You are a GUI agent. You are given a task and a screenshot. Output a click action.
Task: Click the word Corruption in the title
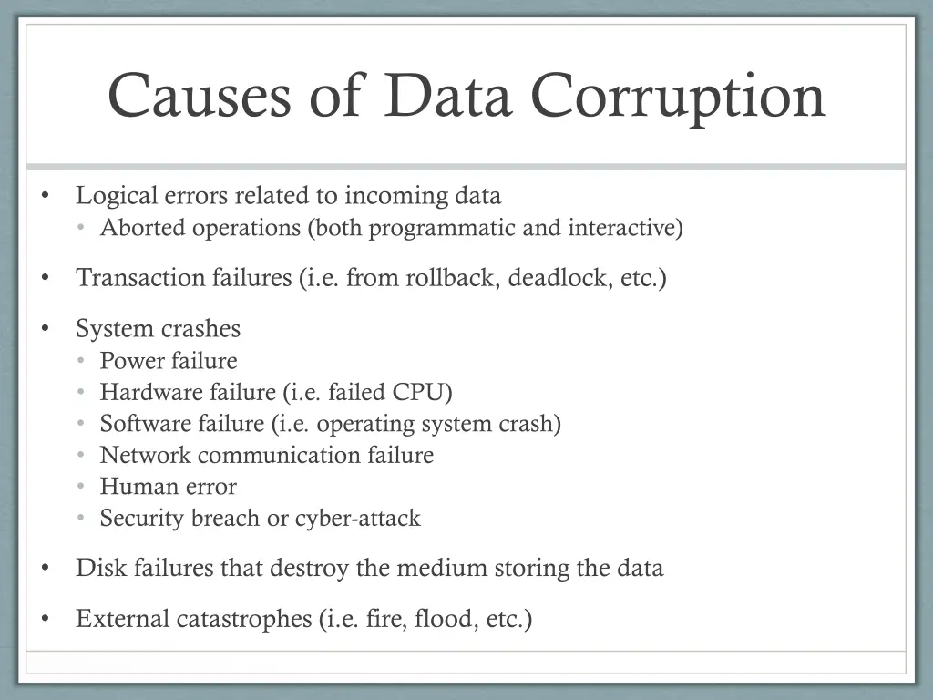pos(678,95)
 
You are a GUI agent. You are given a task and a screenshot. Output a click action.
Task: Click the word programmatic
pos(443,228)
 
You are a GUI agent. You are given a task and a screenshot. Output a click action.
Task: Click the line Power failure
pos(169,361)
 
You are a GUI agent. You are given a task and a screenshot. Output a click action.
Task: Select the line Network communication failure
pos(266,455)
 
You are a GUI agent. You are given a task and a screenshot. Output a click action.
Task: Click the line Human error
pos(168,487)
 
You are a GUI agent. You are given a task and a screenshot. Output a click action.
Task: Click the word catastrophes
pos(244,620)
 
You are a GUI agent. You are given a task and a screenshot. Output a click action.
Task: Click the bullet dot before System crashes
pos(45,329)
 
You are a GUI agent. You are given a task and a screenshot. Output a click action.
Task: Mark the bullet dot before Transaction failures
pos(45,279)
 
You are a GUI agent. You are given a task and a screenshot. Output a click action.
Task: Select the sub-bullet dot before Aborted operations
pos(81,229)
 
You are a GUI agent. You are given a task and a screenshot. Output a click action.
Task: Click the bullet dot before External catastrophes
pos(45,621)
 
